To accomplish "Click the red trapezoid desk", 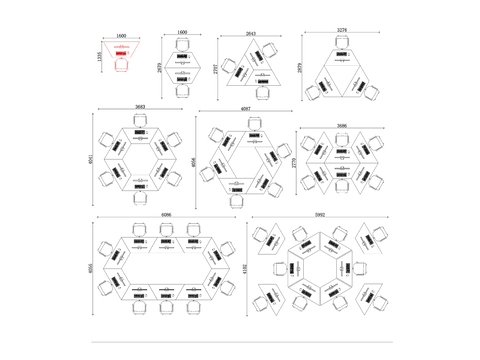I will pos(121,50).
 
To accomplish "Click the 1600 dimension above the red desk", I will pos(121,36).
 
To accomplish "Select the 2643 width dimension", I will pos(249,34).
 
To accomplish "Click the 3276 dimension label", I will pos(342,31).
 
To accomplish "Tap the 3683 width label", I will pos(141,107).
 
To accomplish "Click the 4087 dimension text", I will pos(246,108).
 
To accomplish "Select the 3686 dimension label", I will pos(342,126).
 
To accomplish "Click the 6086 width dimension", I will pos(165,213).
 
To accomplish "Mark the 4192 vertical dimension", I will pos(245,268).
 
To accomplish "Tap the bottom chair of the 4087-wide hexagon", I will pos(246,198).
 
